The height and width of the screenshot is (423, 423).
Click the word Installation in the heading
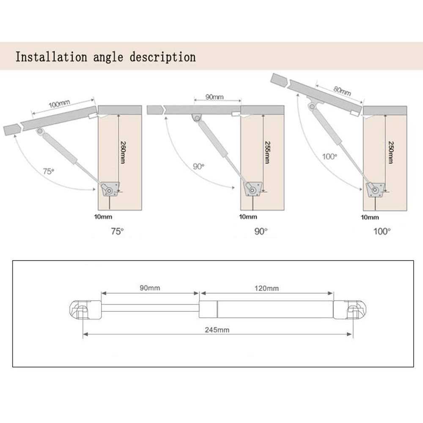[51, 57]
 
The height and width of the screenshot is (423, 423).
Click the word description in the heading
[163, 57]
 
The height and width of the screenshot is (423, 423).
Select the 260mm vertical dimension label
[123, 152]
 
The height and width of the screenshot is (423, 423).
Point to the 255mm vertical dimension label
[267, 152]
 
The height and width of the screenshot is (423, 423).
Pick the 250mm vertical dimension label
[391, 152]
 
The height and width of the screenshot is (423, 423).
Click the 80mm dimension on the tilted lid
[342, 91]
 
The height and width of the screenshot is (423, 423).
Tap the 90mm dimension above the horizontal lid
[214, 97]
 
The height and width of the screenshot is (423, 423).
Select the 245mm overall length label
[217, 330]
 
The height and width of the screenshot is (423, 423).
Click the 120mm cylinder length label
[266, 288]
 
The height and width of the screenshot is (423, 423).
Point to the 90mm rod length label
[150, 288]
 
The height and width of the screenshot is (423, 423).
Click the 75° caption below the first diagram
[117, 231]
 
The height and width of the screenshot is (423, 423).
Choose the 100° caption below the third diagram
[382, 231]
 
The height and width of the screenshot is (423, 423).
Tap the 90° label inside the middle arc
[198, 166]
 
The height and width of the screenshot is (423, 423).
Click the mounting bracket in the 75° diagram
[110, 189]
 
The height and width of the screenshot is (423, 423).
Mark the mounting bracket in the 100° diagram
[375, 190]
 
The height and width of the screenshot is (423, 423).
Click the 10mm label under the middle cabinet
[248, 217]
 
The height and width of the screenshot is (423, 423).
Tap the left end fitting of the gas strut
[85, 310]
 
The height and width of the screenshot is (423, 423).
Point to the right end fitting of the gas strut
[350, 310]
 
